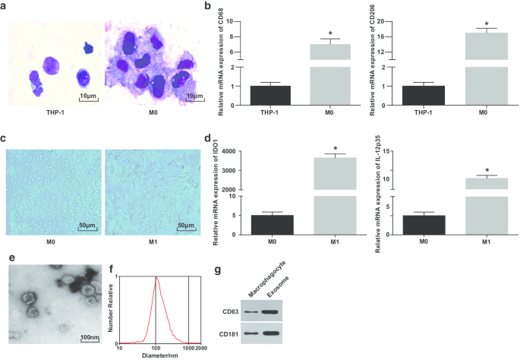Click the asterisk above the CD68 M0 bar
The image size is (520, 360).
point(330,34)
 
